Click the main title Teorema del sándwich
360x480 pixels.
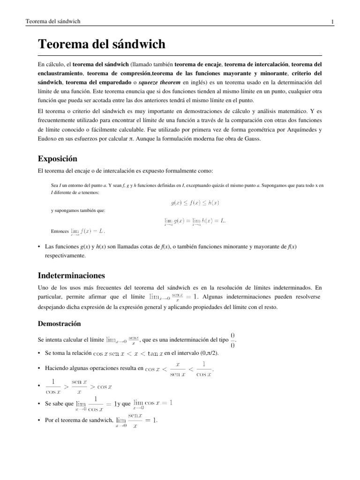coord(101,45)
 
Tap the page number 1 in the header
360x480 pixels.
coord(332,22)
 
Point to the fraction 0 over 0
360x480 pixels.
coord(233,339)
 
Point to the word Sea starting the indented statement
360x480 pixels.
coord(54,185)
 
